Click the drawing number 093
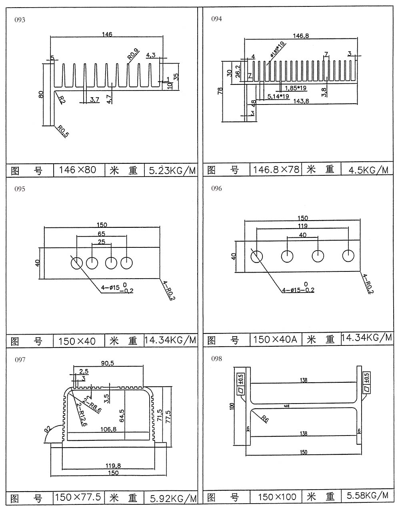click(x=20, y=20)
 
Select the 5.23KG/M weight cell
click(x=172, y=171)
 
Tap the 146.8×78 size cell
click(x=276, y=170)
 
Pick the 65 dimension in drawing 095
click(x=102, y=234)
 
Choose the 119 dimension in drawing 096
click(x=302, y=226)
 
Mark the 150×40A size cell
click(x=276, y=340)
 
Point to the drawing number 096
click(x=216, y=189)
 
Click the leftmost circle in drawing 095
click(x=76, y=263)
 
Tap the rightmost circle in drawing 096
click(x=349, y=256)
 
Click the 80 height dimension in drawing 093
click(x=41, y=95)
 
